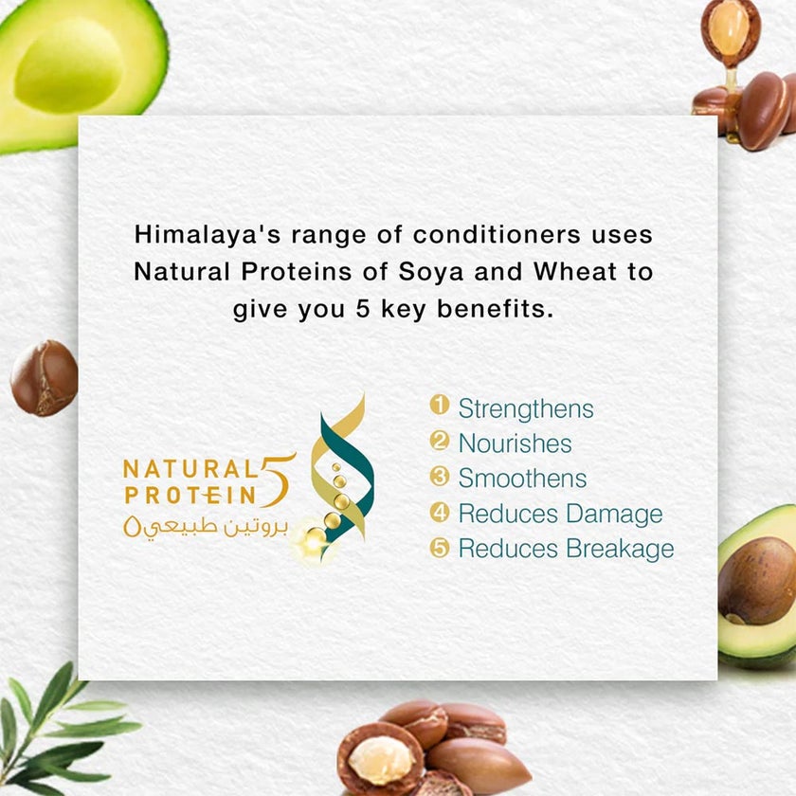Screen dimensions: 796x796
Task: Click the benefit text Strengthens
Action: [x=526, y=409]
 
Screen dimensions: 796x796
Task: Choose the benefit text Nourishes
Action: [x=515, y=443]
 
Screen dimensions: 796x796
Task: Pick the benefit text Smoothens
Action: [x=522, y=479]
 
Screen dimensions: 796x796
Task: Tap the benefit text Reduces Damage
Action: [x=560, y=514]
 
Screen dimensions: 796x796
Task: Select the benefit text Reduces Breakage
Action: [x=566, y=549]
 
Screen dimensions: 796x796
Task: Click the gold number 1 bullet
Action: [x=439, y=406]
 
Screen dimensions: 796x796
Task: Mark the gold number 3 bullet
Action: [x=439, y=476]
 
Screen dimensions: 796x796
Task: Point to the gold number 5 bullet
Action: [x=439, y=547]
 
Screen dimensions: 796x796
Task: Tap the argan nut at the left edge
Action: [x=44, y=378]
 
